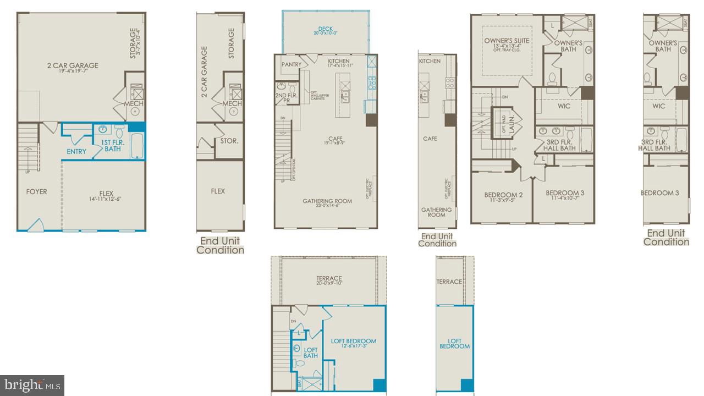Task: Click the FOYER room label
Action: click(x=36, y=191)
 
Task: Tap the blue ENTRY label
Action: click(x=76, y=151)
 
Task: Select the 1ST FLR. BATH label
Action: click(x=112, y=145)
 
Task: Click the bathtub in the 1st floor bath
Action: click(x=136, y=146)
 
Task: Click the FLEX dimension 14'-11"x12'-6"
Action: click(x=106, y=199)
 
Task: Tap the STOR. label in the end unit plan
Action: click(x=229, y=141)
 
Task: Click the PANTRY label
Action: click(x=291, y=64)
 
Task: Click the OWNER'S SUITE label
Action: click(x=506, y=40)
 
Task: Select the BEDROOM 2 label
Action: click(x=503, y=195)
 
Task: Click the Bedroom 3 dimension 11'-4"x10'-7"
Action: click(x=565, y=200)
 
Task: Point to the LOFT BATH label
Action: click(x=311, y=353)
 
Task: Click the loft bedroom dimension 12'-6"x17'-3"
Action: click(x=354, y=347)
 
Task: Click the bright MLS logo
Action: click(x=32, y=385)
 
